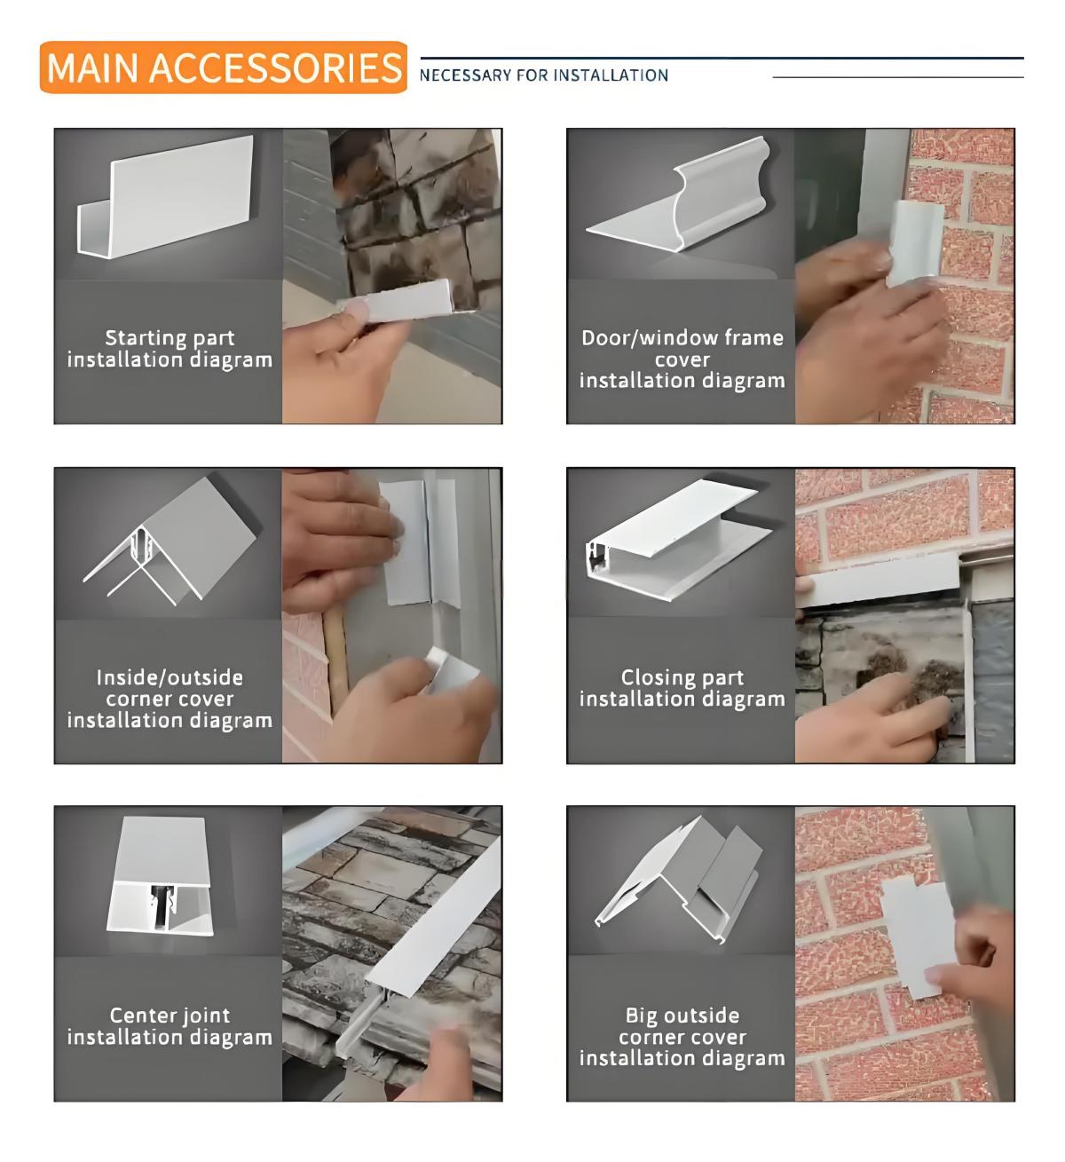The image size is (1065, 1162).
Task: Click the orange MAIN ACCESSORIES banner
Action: click(223, 67)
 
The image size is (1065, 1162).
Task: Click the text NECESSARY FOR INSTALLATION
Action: click(544, 75)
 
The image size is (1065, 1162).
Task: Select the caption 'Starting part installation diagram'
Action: click(170, 349)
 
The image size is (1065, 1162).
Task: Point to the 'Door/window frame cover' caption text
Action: click(682, 348)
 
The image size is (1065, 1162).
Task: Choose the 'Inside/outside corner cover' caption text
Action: click(170, 688)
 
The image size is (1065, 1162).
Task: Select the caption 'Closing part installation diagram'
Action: click(682, 688)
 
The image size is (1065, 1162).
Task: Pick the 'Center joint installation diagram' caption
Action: click(170, 1027)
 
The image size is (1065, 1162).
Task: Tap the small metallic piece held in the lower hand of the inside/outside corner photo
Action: click(451, 669)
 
